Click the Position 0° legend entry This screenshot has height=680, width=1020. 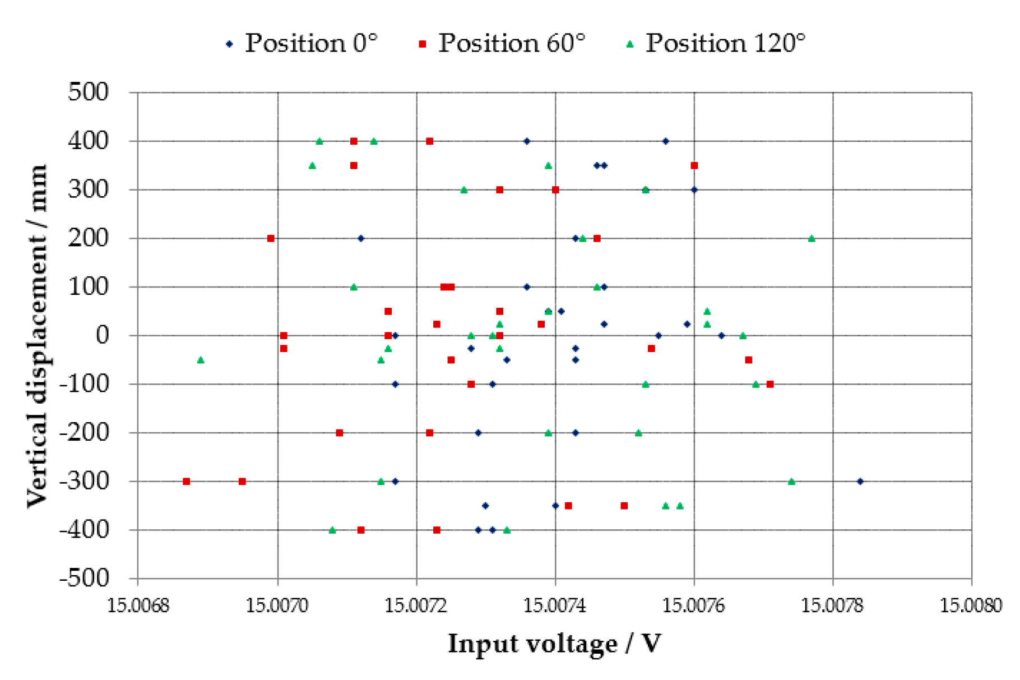click(x=302, y=43)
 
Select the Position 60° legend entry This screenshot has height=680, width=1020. click(x=502, y=43)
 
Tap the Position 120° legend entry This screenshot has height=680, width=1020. click(x=716, y=43)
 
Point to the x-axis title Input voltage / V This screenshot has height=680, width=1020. click(x=554, y=644)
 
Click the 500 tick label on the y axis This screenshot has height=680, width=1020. click(x=89, y=92)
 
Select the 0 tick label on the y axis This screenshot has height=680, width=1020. click(x=103, y=335)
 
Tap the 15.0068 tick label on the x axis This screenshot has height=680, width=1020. click(x=138, y=606)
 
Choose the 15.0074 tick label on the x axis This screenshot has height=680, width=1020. click(x=555, y=606)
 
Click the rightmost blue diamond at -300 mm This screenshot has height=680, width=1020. click(x=860, y=481)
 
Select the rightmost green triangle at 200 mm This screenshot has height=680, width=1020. click(x=812, y=238)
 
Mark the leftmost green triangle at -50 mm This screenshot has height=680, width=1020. click(x=201, y=360)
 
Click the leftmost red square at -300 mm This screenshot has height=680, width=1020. click(x=187, y=481)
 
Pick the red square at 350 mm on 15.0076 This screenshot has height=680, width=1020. click(x=694, y=165)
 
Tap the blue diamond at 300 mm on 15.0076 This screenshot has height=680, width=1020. click(x=694, y=189)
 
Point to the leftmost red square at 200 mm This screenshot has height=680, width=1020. click(x=271, y=238)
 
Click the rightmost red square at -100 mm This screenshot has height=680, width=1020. click(x=770, y=384)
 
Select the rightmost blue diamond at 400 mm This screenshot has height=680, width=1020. click(x=665, y=141)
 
